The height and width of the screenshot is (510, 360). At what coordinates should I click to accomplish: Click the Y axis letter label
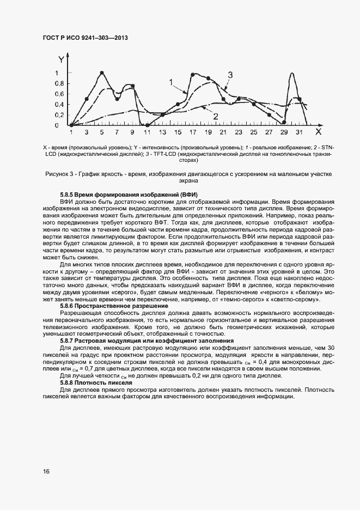pyautogui.click(x=62, y=58)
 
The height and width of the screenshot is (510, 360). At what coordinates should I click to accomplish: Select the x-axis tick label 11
pyautogui.click(x=147, y=132)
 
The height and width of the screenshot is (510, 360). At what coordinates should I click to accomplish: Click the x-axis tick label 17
pyautogui.click(x=193, y=132)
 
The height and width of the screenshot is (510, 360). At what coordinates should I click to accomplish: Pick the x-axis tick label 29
pyautogui.click(x=284, y=132)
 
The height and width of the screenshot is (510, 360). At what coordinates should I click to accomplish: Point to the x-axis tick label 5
pyautogui.click(x=101, y=132)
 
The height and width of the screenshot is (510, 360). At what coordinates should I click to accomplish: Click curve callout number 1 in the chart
pyautogui.click(x=170, y=82)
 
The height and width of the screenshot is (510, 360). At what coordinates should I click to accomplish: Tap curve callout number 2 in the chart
pyautogui.click(x=216, y=116)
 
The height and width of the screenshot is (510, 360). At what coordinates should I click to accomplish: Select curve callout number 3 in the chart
pyautogui.click(x=230, y=75)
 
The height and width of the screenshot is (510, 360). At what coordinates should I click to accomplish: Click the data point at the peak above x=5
pyautogui.click(x=101, y=73)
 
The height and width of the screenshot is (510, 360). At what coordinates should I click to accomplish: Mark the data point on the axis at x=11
pyautogui.click(x=147, y=125)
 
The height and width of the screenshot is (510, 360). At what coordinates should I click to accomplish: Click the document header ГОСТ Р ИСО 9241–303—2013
pyautogui.click(x=88, y=38)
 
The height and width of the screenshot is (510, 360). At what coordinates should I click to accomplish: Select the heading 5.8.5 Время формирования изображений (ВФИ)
pyautogui.click(x=129, y=195)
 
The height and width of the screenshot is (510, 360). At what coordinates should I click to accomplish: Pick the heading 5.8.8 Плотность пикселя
pyautogui.click(x=96, y=383)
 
